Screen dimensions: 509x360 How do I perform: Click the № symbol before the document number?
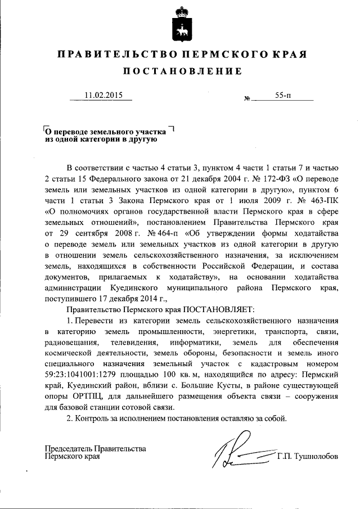(x=247, y=99)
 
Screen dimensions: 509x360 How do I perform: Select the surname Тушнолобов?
(x=316, y=456)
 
